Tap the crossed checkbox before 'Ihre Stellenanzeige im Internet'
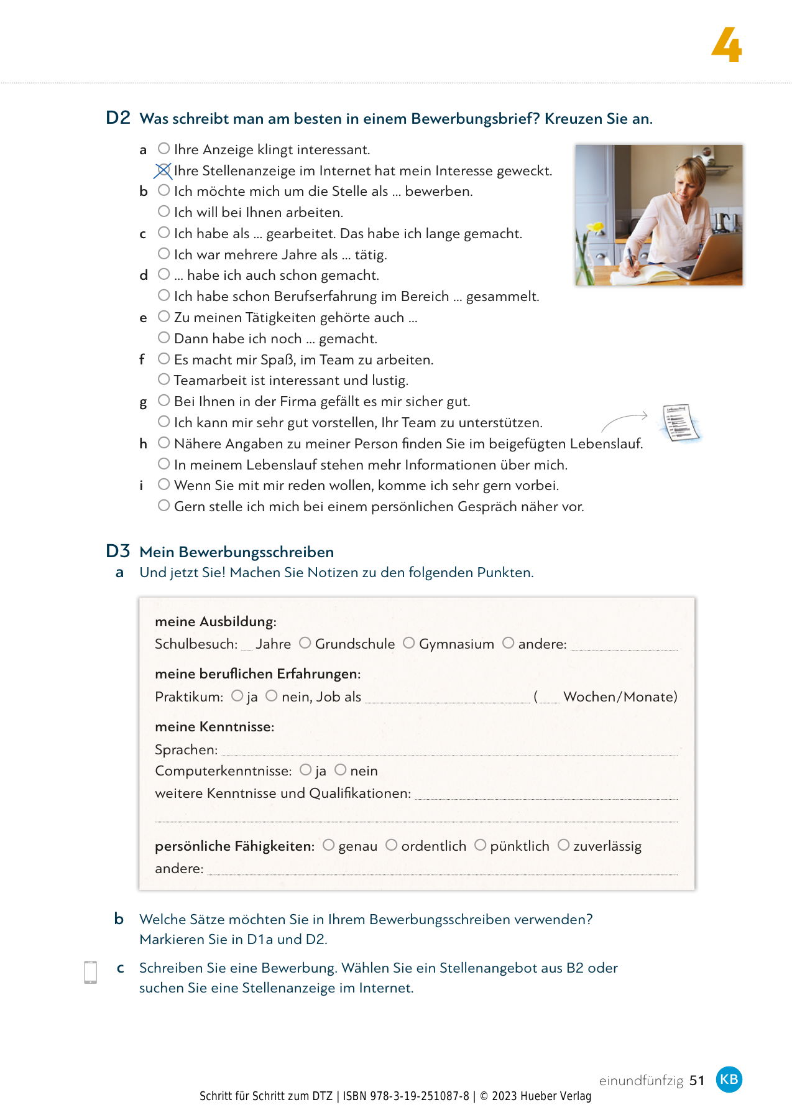pos(163,170)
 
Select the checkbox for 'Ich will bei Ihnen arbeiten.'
pos(163,211)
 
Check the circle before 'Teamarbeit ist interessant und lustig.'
pos(163,379)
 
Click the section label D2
pos(118,118)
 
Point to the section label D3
pos(118,551)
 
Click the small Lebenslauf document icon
pos(679,422)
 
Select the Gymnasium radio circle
pos(408,643)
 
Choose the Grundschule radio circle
pos(305,643)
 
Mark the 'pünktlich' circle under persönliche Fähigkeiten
pos(480,845)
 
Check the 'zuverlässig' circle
pos(563,845)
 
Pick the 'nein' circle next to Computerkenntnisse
pos(340,770)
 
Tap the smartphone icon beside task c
pos(90,972)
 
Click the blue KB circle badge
pos(729,1079)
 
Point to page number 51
pos(697,1081)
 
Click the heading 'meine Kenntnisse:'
pos(214,726)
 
